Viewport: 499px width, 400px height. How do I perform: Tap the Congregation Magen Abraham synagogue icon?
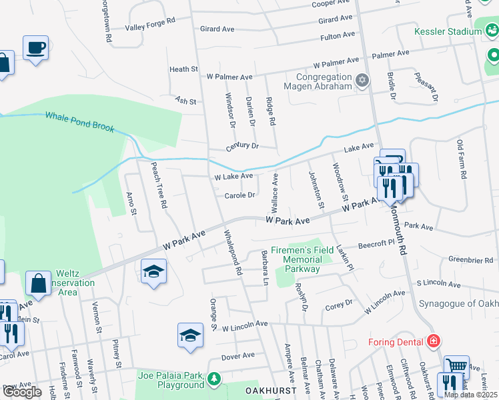(362, 81)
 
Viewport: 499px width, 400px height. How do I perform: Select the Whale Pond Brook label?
(79, 121)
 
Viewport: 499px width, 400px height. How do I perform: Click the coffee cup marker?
(35, 48)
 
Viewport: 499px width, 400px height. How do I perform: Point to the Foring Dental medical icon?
(434, 341)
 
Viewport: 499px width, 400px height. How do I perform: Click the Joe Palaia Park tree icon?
(213, 379)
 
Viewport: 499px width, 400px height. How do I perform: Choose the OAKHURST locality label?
(270, 389)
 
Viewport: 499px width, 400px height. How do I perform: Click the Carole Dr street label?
(240, 195)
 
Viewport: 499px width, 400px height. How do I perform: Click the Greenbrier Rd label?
(471, 259)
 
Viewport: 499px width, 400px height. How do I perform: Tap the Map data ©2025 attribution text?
(470, 395)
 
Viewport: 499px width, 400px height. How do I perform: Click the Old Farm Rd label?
(460, 159)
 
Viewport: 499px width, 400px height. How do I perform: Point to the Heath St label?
(183, 69)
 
